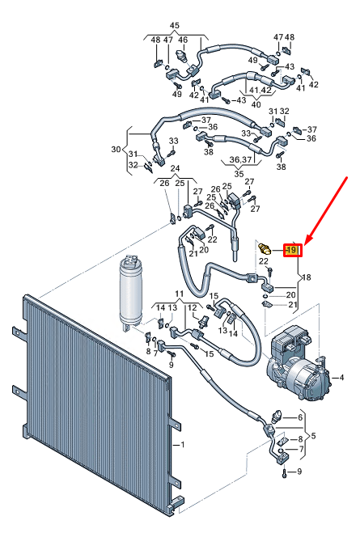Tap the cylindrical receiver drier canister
coord(129,291)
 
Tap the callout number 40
coord(256,104)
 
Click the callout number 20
coord(292,294)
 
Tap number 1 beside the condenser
coord(183,445)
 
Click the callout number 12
coord(192,307)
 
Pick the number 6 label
coord(300,417)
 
